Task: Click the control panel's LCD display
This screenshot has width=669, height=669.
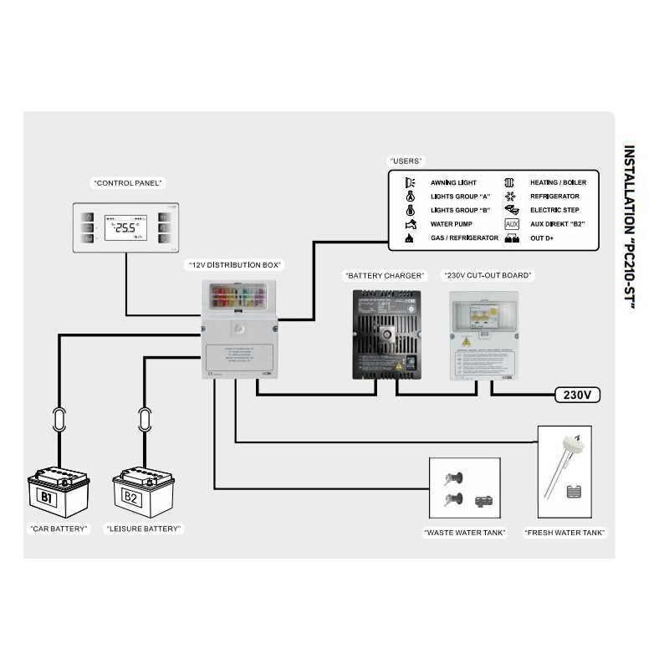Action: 126,227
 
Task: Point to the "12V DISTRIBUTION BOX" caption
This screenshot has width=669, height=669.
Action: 234,265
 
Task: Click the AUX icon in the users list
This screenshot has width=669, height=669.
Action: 512,224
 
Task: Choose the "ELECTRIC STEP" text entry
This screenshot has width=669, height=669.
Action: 555,210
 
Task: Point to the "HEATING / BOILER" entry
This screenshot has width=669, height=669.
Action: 558,181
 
